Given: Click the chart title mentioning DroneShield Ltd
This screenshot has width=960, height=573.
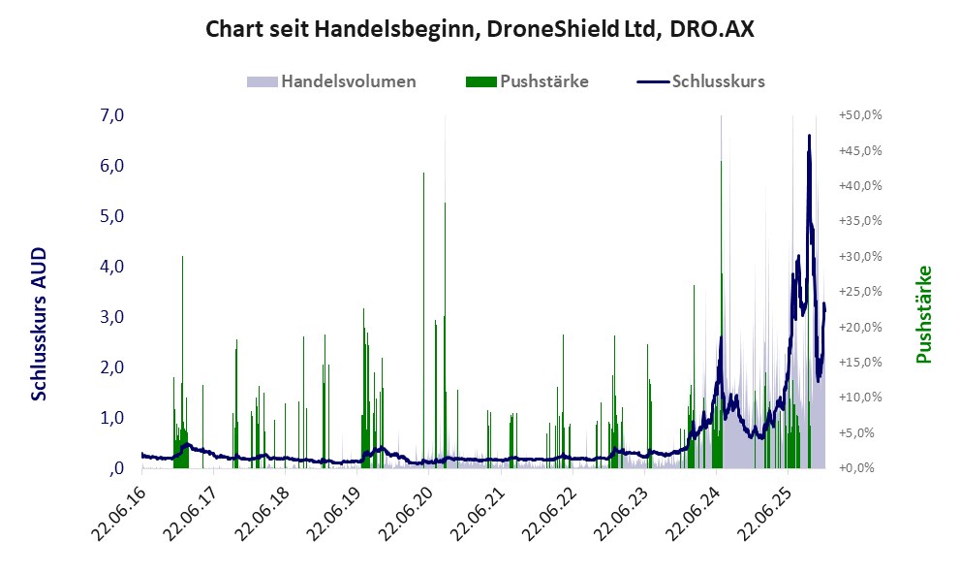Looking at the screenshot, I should click(x=480, y=30).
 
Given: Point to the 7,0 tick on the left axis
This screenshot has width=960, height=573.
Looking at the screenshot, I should click(x=111, y=115).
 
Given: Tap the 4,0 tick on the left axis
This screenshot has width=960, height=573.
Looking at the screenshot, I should click(x=111, y=267).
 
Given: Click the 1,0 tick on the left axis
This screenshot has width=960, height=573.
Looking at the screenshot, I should click(x=111, y=418).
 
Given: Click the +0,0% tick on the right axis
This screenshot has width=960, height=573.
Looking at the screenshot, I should click(x=861, y=468).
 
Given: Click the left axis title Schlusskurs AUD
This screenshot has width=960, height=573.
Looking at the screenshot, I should click(x=40, y=324).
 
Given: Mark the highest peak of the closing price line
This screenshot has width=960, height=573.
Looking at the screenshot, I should click(x=809, y=136).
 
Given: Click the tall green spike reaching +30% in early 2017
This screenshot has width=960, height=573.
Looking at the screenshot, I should click(x=182, y=258).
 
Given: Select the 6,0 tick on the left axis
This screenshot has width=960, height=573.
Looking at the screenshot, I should click(x=111, y=166).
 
